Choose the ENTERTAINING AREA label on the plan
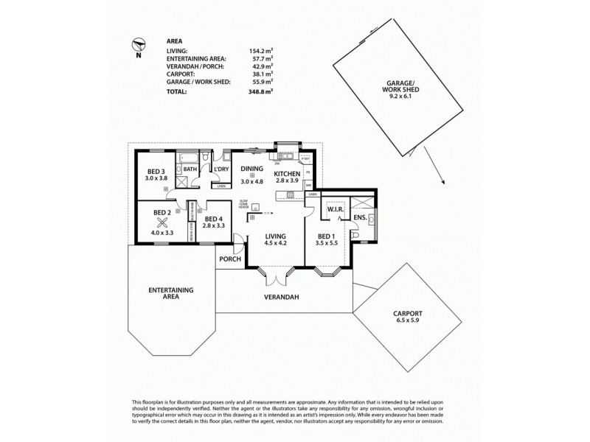point(170,294)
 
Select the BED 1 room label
point(326,235)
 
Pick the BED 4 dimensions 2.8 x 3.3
point(214,226)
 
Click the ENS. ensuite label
point(360,219)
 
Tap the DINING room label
point(252,169)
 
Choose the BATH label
point(190,169)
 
